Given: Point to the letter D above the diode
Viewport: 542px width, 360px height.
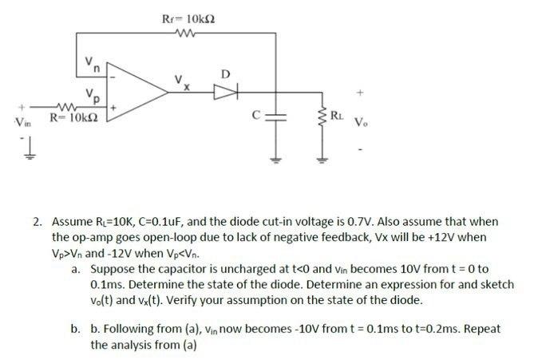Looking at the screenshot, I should point(225,74).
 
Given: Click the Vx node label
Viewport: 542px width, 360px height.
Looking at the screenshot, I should point(183,81).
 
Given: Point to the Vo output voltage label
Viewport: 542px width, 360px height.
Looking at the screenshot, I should point(362,123).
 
